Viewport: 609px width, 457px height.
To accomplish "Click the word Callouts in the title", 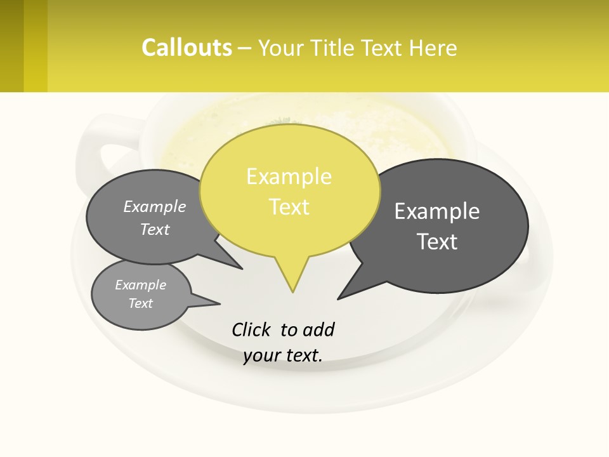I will click(x=187, y=48).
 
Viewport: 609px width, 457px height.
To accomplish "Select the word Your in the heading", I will click(x=279, y=48).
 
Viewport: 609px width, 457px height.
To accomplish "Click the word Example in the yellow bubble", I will click(x=289, y=176).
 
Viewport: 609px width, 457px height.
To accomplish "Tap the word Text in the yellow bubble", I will click(x=289, y=207).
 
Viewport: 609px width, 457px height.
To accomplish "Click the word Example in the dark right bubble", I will click(x=436, y=211).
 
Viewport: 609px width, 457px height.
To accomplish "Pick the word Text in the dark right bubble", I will click(x=437, y=242).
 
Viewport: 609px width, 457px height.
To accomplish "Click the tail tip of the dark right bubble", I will click(x=339, y=298).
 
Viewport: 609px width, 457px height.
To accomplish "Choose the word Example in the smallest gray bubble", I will click(x=140, y=285).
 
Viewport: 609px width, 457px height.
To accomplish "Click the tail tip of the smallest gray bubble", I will click(x=219, y=304).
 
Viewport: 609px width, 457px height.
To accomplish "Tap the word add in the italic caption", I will click(x=318, y=330).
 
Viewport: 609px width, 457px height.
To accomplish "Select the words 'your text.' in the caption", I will click(x=283, y=355).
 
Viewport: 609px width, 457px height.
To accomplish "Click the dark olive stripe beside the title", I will click(x=11, y=46).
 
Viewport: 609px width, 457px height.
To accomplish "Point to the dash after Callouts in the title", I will click(x=245, y=48).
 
